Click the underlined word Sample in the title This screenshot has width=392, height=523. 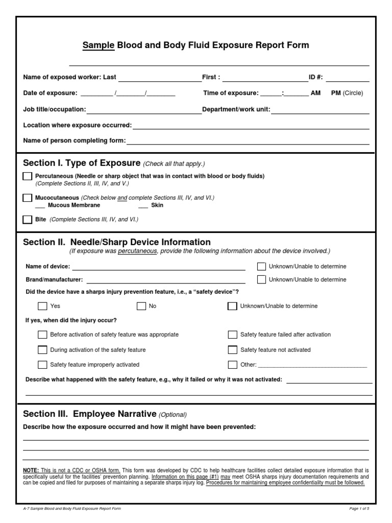click(x=99, y=45)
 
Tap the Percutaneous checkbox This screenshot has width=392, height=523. click(x=27, y=176)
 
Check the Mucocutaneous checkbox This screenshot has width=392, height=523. click(x=27, y=198)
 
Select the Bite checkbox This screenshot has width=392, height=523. click(x=27, y=220)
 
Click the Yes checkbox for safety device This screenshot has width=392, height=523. click(x=42, y=306)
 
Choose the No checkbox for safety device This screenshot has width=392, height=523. click(x=141, y=306)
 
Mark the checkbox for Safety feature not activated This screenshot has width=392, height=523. click(x=232, y=350)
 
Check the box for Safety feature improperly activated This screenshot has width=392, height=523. click(x=42, y=365)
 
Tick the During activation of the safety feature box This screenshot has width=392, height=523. click(x=42, y=350)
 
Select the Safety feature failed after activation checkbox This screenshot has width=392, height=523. click(x=232, y=335)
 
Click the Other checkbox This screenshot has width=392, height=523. click(x=232, y=365)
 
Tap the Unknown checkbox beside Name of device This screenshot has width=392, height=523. click(x=261, y=267)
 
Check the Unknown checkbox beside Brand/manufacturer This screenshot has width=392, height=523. click(x=261, y=279)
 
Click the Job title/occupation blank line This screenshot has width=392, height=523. click(x=144, y=110)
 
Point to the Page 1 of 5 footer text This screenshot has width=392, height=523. click(x=360, y=509)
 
